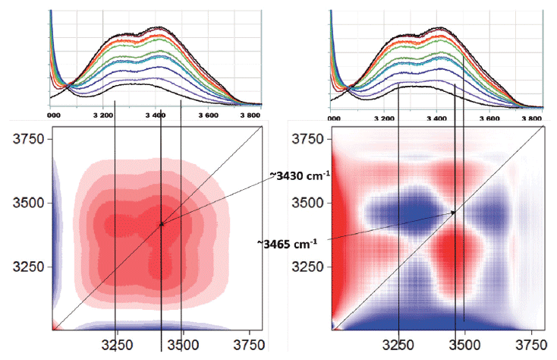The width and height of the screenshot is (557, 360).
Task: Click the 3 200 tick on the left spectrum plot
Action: [105, 116]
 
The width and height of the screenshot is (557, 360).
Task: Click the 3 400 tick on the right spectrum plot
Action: [437, 119]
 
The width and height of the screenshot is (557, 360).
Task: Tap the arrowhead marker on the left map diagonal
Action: [162, 223]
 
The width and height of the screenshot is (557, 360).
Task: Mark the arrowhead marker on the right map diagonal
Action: [454, 213]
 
